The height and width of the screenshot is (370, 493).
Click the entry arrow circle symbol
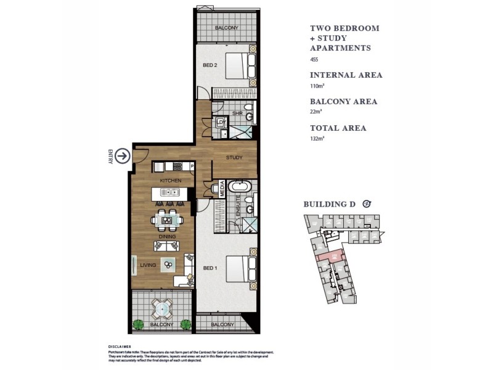tap(123, 157)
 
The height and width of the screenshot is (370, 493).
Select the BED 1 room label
tap(211, 268)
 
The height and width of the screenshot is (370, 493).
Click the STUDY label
tap(234, 158)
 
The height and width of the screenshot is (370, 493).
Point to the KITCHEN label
tap(170, 180)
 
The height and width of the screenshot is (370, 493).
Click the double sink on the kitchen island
tap(169, 193)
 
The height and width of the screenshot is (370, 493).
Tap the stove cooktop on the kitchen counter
tap(177, 166)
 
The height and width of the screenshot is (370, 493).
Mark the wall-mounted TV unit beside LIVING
tap(134, 265)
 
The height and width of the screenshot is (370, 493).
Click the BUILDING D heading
tap(332, 205)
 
